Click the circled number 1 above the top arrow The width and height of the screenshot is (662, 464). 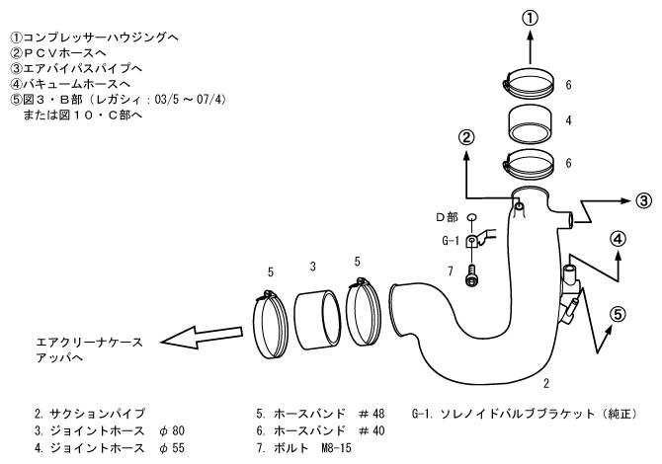pos(531,19)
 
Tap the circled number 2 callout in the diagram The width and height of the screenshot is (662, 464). pos(466,138)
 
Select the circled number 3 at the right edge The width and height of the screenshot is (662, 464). pos(643,200)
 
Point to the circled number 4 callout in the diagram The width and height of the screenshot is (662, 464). pos(618,240)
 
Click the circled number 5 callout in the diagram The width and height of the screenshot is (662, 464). pos(618,314)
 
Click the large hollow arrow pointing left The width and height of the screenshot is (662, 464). pos(202,337)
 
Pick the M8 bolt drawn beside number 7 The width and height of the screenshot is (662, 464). pos(471,276)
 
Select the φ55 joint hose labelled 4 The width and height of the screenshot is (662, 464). pos(531,124)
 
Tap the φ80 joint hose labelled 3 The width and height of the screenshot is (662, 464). pos(317,319)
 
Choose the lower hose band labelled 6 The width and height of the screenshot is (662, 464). pos(529,164)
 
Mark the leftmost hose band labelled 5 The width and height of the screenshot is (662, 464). pos(270,324)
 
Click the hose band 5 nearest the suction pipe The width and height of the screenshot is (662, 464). pos(363,311)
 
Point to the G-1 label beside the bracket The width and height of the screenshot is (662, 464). pos(450,241)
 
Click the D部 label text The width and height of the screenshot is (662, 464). pos(447,217)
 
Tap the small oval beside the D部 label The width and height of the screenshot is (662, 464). pos(471,217)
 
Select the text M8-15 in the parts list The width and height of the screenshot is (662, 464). pos(337,448)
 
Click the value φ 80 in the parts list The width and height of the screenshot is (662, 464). pos(172,430)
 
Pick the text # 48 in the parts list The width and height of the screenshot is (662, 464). pos(372,414)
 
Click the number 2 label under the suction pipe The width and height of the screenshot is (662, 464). pos(546,383)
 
